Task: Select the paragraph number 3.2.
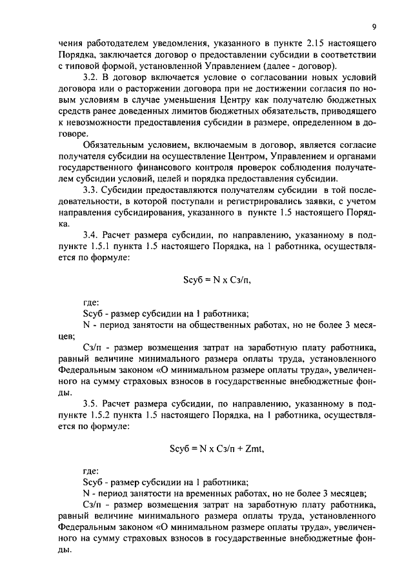pos(93,77)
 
